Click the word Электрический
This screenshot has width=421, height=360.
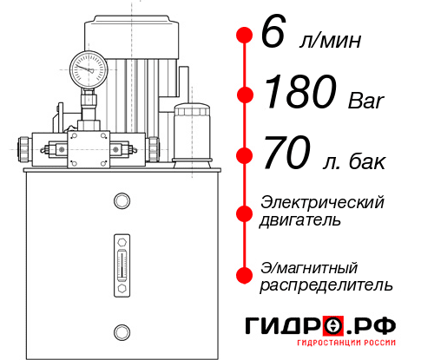pyautogui.click(x=322, y=202)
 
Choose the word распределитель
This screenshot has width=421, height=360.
pyautogui.click(x=326, y=285)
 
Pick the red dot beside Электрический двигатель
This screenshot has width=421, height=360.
pyautogui.click(x=246, y=212)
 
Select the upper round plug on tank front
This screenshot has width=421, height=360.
pyautogui.click(x=122, y=202)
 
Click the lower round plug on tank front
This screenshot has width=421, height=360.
pyautogui.click(x=122, y=330)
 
